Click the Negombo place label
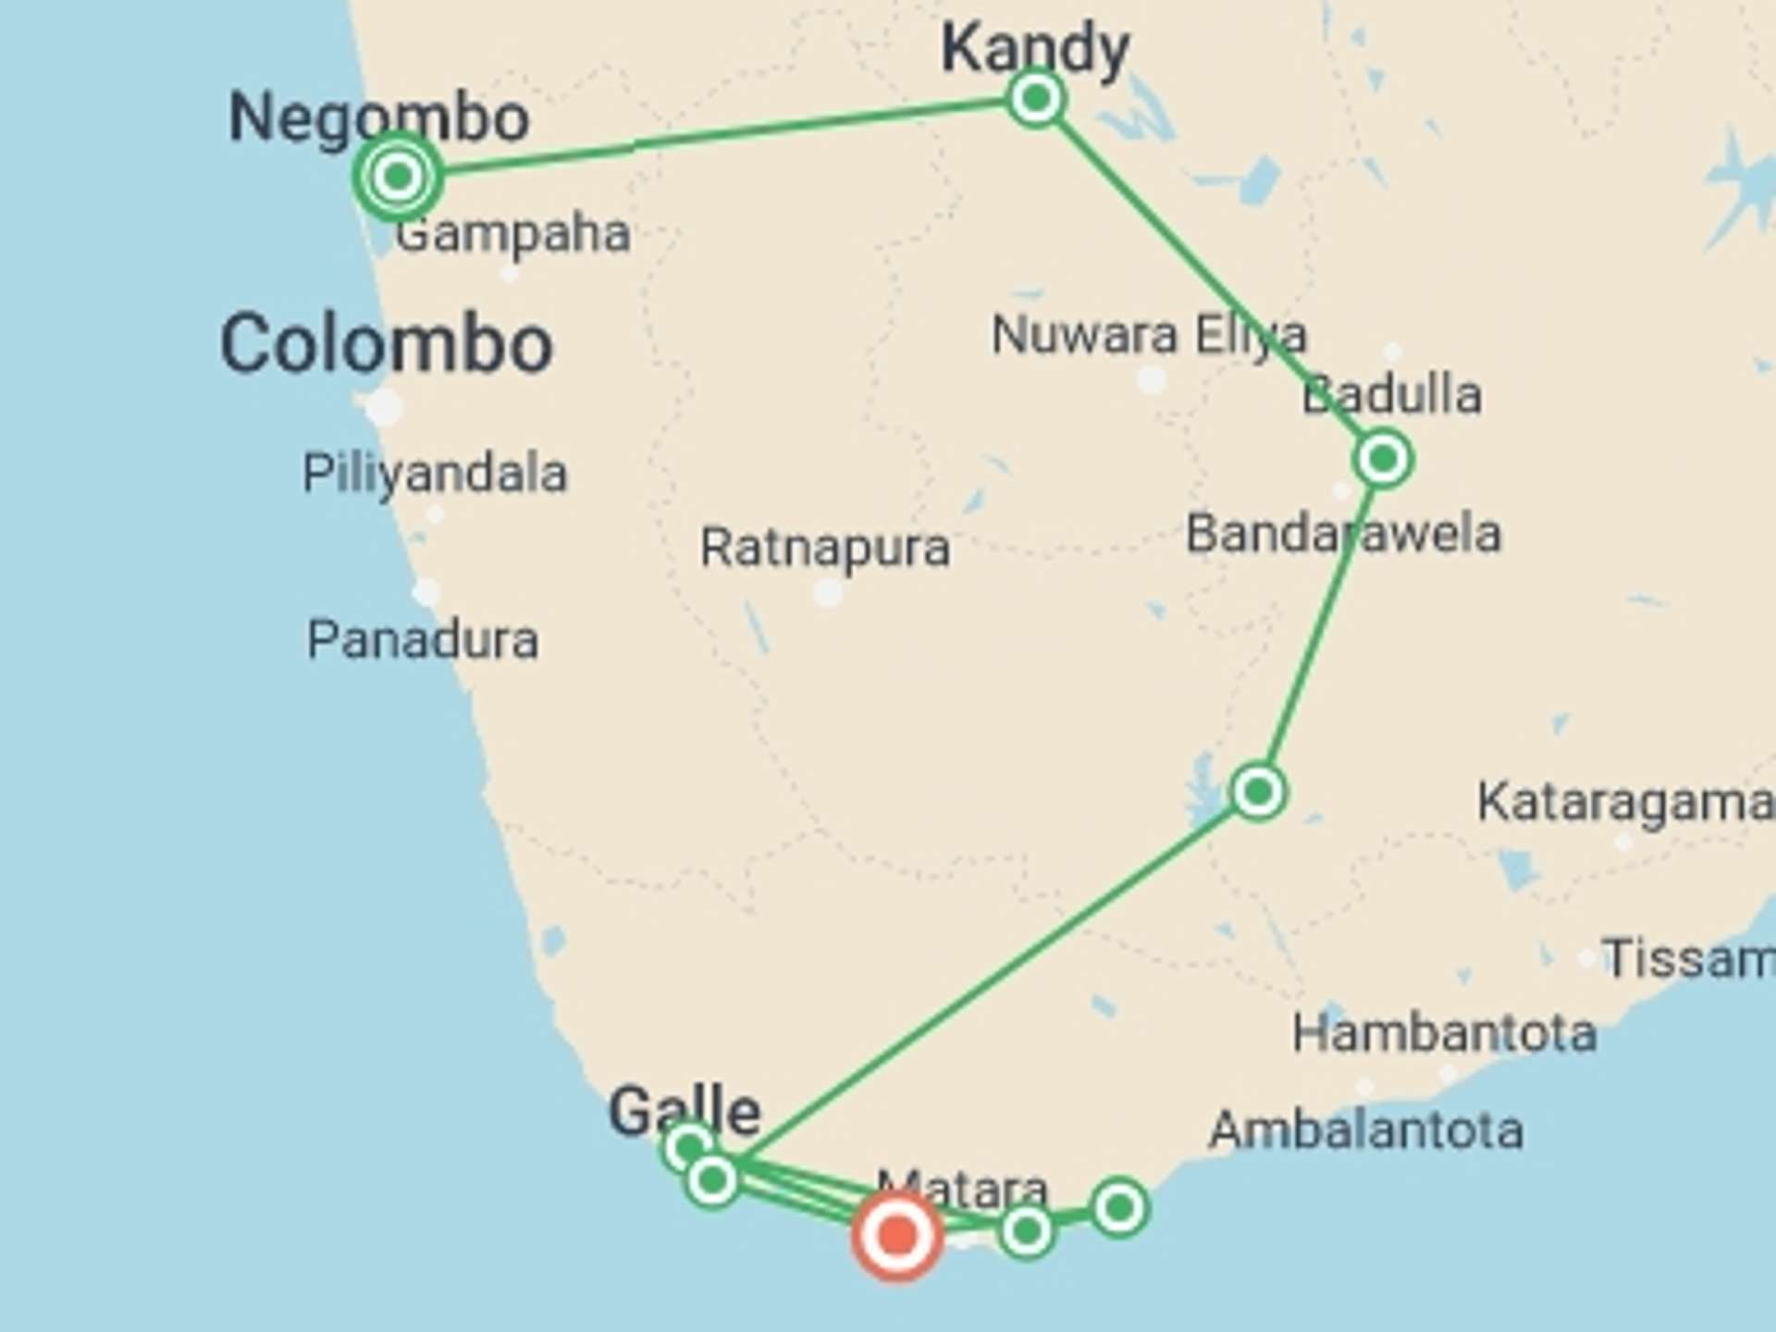tap(378, 117)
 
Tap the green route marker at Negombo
tap(398, 176)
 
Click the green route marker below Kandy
tap(1036, 97)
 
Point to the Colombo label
tap(387, 344)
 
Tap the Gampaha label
tap(512, 233)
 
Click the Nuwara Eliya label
tap(1149, 334)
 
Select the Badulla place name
tap(1391, 395)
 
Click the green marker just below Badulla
tap(1383, 459)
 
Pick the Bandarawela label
tap(1343, 534)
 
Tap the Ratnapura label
tap(824, 548)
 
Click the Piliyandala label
tap(435, 474)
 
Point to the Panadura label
tap(423, 640)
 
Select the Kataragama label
tap(1624, 801)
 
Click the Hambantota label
tap(1444, 1032)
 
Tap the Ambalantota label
tap(1366, 1129)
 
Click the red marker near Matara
tap(896, 1236)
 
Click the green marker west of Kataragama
tap(1258, 792)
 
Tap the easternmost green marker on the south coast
tap(1119, 1207)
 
